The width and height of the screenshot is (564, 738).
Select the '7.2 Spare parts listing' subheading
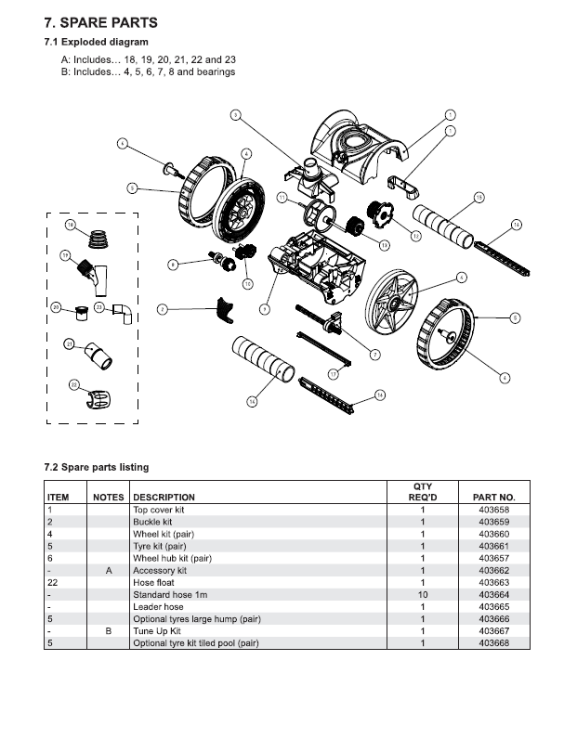coord(96,467)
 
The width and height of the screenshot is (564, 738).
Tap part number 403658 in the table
coord(493,510)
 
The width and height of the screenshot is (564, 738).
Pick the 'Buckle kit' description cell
coord(152,522)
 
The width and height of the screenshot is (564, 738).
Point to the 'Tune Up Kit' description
coord(157,630)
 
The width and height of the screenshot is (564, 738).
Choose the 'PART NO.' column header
coord(500,498)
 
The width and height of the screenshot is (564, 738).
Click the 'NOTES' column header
coord(109,498)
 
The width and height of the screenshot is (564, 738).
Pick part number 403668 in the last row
coord(493,642)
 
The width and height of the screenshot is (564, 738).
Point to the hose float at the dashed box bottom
coord(98,400)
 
